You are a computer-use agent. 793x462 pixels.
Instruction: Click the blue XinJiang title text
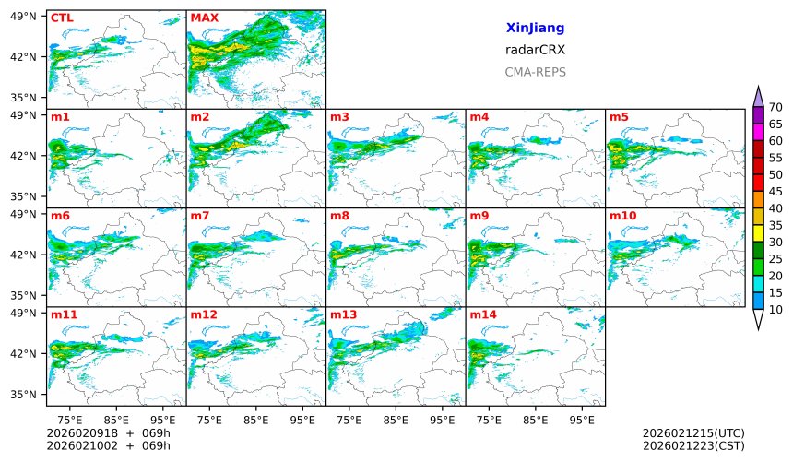tap(535, 29)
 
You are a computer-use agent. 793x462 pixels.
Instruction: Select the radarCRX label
tap(535, 50)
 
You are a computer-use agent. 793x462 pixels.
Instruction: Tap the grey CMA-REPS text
tap(535, 72)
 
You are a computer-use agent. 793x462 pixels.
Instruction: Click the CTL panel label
tap(62, 18)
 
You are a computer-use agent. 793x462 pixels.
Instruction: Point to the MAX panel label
tap(204, 18)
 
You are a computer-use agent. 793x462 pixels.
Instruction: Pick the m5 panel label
tap(619, 116)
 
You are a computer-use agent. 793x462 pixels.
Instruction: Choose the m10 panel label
tap(622, 216)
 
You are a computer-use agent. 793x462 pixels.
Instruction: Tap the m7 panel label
tap(200, 216)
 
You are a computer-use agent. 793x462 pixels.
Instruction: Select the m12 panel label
tap(203, 314)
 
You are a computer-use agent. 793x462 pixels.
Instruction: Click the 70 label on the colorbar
tap(775, 108)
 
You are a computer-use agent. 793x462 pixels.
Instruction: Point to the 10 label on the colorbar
tap(775, 310)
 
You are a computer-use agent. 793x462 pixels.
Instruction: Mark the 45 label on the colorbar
tap(775, 192)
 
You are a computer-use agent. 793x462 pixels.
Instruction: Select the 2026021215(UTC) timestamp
tap(693, 433)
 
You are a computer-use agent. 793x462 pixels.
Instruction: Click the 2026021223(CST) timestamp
tap(693, 445)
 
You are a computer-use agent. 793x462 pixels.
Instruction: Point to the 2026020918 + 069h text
tap(102, 433)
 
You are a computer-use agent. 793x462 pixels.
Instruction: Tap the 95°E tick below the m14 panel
tap(582, 420)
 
